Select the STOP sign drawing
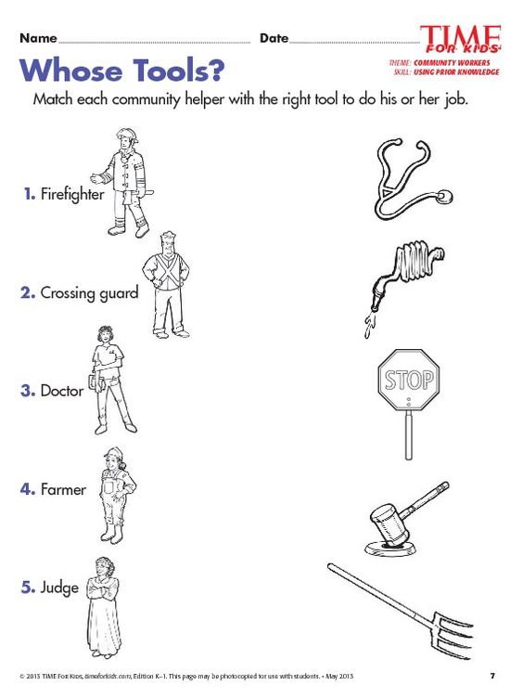pos(408,381)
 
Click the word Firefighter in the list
pos(71,195)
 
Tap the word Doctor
pos(61,391)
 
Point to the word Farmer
pos(63,489)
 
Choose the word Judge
pos(59,588)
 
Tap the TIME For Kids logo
pos(460,39)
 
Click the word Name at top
pos(38,38)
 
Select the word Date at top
pos(274,38)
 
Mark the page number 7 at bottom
pos(492,675)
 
